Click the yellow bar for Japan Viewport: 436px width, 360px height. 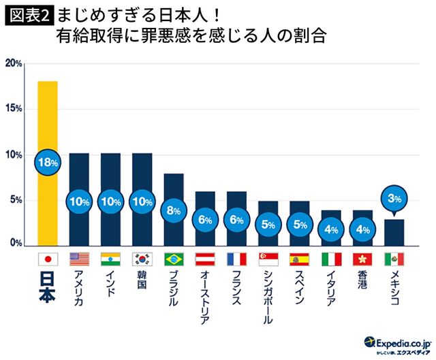tap(48, 122)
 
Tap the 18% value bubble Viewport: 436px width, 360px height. tap(48, 163)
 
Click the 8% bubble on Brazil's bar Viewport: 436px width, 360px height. tap(174, 210)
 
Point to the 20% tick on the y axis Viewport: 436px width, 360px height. tap(14, 63)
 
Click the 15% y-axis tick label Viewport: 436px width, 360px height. tap(14, 109)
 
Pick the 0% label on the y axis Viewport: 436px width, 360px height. tap(16, 243)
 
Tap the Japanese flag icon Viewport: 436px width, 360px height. tap(48, 259)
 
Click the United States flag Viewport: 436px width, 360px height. tap(80, 259)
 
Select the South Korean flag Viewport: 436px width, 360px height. tap(142, 259)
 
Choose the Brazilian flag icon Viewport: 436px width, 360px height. tap(174, 259)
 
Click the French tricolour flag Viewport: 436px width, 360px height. tap(236, 259)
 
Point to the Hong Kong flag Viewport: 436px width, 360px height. tap(362, 259)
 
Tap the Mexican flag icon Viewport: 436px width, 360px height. tap(394, 259)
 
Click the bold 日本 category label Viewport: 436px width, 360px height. tap(48, 292)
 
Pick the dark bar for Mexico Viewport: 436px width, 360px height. tap(394, 231)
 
